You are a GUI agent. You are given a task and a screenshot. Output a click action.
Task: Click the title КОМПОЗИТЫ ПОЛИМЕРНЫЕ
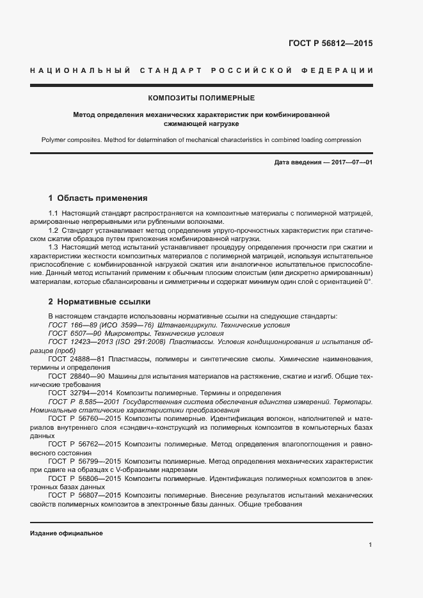[x=201, y=98]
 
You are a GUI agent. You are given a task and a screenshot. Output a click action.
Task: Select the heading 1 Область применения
[x=98, y=198]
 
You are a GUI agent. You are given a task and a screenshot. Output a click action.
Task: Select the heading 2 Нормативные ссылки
[x=99, y=301]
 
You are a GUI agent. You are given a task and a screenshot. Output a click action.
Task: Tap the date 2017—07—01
[x=351, y=162]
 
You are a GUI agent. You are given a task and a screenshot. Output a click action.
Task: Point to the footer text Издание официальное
[x=67, y=533]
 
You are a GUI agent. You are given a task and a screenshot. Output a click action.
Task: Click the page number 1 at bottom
[x=371, y=544]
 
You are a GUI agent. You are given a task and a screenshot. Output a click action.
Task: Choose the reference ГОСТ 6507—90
[x=73, y=334]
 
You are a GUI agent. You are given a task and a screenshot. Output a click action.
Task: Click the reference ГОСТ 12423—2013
[x=78, y=343]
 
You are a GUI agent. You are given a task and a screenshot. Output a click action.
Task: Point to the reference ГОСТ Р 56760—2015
[x=83, y=418]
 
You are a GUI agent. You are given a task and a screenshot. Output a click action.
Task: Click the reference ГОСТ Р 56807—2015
[x=83, y=496]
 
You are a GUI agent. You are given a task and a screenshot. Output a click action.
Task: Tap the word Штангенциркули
[x=185, y=325]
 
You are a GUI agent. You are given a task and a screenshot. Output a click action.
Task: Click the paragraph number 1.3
[x=54, y=246]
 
